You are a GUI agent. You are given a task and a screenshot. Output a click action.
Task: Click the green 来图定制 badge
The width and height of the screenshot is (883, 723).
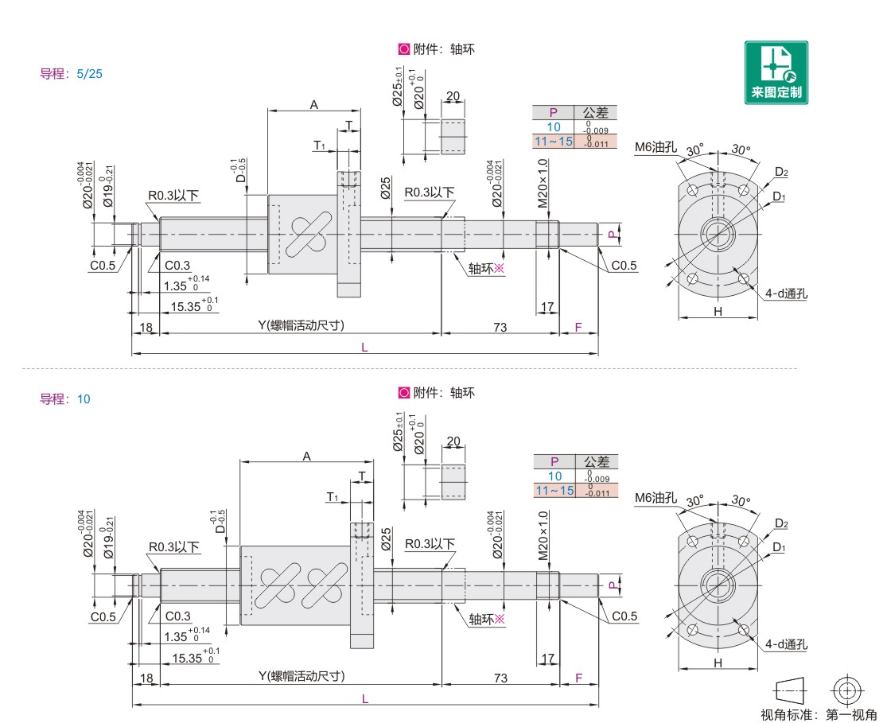776,72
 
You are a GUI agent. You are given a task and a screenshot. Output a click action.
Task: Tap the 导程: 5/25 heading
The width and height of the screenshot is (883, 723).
72,74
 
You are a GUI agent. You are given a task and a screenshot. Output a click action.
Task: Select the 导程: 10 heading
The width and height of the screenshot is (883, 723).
65,398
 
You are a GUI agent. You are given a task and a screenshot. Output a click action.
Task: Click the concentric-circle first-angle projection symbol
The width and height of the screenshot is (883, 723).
847,690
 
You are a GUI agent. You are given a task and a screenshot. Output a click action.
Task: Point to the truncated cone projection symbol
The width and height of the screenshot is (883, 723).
790,690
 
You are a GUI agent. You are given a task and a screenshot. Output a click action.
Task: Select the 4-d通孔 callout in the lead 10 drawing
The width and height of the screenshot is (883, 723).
786,645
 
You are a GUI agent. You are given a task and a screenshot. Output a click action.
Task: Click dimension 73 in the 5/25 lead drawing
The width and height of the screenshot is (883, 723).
500,326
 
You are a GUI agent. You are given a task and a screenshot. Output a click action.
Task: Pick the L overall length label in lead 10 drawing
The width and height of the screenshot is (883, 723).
365,698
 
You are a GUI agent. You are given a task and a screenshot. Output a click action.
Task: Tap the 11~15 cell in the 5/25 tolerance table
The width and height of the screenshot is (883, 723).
554,141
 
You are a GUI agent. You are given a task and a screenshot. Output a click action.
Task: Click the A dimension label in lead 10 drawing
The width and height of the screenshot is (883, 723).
306,456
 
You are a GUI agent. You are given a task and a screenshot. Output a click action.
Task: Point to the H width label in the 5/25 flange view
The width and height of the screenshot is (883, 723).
718,312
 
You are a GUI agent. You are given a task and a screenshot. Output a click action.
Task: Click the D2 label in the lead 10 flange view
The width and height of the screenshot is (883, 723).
781,523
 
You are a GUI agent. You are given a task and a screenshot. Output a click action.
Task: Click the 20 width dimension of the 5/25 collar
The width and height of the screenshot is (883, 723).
453,97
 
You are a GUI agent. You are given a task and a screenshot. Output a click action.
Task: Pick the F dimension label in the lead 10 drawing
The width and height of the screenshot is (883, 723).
578,677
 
